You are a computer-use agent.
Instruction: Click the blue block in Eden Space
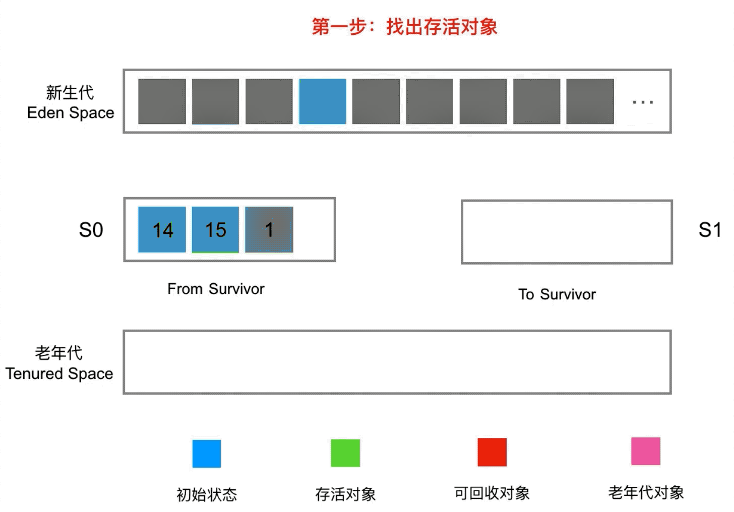323,101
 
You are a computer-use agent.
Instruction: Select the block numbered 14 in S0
162,230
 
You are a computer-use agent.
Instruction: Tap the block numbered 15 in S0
215,230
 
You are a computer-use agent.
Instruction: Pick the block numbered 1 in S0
269,230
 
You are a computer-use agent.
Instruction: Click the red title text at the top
404,27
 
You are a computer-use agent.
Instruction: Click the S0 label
91,230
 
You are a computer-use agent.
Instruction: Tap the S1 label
709,230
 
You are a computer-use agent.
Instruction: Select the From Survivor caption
216,289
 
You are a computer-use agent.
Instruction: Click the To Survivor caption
557,294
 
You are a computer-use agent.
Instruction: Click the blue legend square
207,454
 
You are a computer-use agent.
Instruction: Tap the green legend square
345,453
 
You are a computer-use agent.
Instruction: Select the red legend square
492,452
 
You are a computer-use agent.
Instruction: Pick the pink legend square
646,451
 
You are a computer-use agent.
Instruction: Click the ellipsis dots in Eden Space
643,102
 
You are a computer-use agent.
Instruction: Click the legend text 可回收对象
492,493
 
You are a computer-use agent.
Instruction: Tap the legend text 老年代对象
646,492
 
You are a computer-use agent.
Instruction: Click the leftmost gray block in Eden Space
162,101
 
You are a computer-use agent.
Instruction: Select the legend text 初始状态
207,494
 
